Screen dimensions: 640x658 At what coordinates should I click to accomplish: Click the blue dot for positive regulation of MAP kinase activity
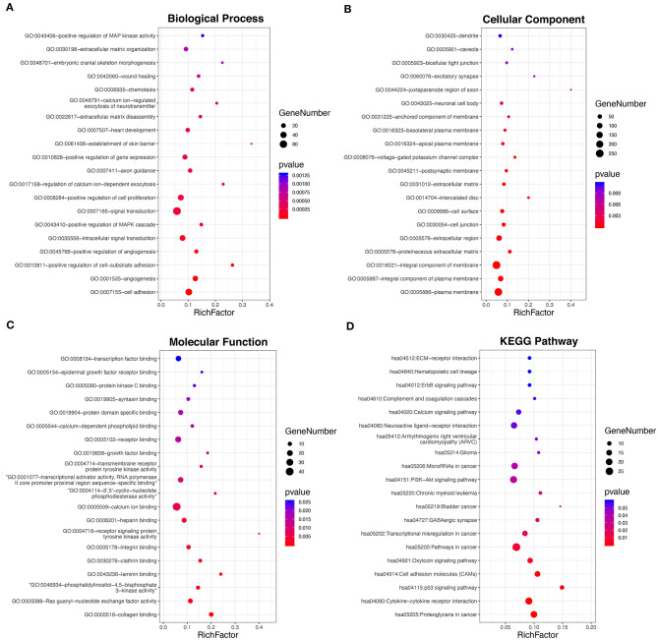click(203, 35)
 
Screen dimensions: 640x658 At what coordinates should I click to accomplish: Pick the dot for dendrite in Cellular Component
click(500, 35)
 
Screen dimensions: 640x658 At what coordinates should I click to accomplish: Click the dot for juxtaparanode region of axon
click(570, 89)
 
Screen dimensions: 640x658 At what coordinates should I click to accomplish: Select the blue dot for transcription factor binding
click(178, 359)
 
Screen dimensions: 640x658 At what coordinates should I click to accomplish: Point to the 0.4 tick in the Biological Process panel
click(269, 306)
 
